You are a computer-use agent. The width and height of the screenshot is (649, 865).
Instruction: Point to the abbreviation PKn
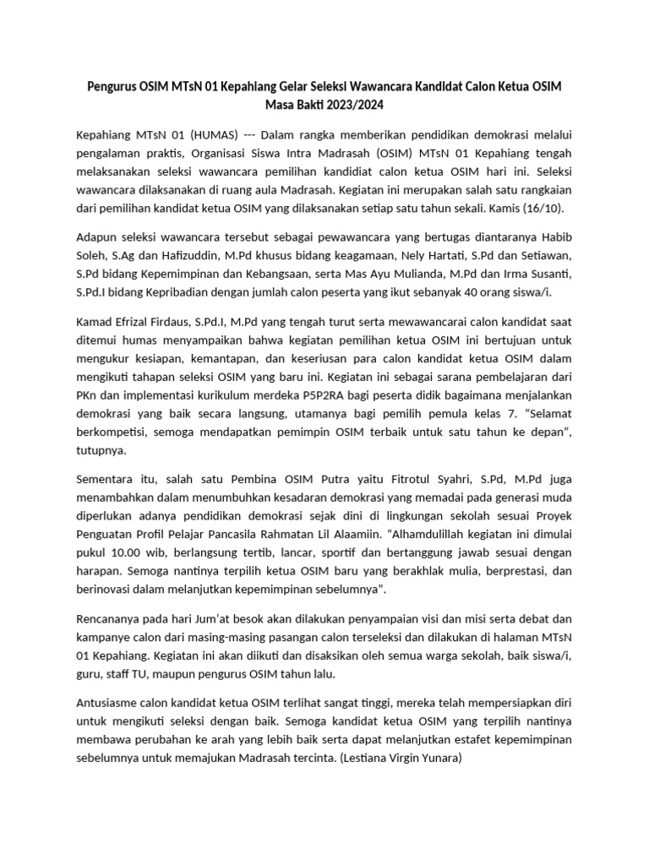[x=89, y=395]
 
